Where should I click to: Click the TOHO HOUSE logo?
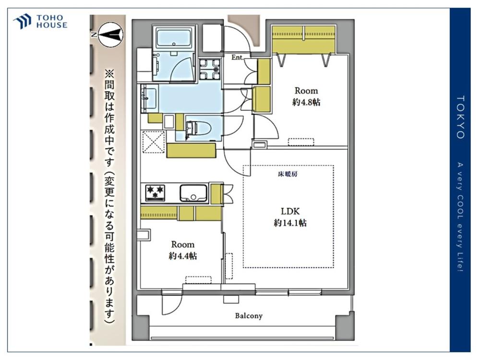point(40,22)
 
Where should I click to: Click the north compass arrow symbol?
point(111,34)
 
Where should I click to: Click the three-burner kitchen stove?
point(155,192)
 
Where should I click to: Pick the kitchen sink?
point(193,193)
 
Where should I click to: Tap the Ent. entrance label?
point(238,57)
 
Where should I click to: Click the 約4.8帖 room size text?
point(306,102)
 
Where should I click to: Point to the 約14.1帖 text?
point(290,223)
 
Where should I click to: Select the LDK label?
point(290,211)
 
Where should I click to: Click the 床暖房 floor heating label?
point(288,174)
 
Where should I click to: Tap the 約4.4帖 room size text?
point(183,256)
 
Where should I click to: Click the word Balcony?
point(249,316)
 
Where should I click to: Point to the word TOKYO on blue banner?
point(460,117)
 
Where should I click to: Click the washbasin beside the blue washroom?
point(148,97)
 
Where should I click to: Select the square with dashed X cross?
point(154,142)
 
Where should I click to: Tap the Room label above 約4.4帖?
point(183,245)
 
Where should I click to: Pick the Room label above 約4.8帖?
point(306,91)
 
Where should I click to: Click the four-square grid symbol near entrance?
point(210,69)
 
